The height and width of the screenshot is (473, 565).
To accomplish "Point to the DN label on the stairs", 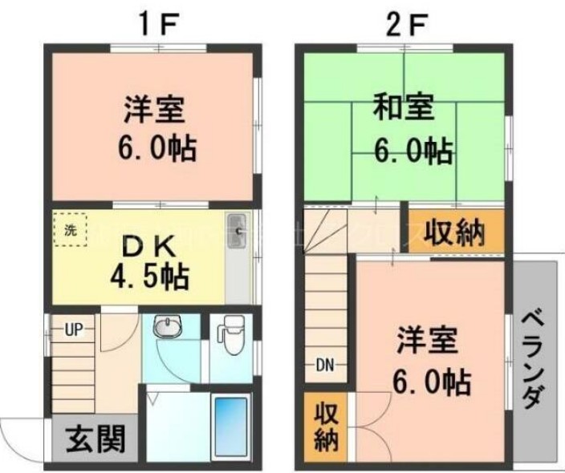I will point(324,366).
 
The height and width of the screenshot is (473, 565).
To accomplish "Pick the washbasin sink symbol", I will point(167,327).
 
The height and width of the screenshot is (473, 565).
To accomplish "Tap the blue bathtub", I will point(234,428).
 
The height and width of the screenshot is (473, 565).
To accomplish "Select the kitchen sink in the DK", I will point(236,224).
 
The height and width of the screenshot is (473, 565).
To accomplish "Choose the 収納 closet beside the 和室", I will point(454,232).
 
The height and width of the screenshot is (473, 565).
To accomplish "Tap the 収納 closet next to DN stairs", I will point(325,429).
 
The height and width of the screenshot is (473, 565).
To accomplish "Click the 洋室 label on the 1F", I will point(156,108).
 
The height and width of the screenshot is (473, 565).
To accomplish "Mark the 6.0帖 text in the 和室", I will point(413,149).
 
